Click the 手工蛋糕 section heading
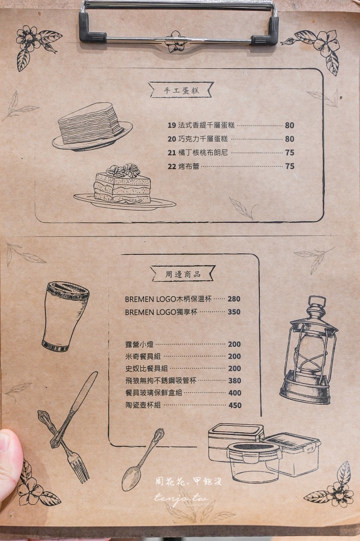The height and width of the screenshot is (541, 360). [181, 90]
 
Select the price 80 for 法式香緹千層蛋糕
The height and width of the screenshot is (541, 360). [290, 126]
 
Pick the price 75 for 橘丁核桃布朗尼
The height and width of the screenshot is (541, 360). [290, 153]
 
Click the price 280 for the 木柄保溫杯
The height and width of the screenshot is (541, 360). [234, 299]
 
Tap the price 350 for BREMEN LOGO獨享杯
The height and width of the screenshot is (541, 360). [234, 312]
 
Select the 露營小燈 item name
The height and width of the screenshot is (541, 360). [136, 344]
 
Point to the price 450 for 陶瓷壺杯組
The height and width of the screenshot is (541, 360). [234, 405]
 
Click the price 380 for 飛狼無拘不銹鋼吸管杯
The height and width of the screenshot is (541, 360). [234, 381]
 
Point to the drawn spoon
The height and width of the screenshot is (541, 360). [142, 459]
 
